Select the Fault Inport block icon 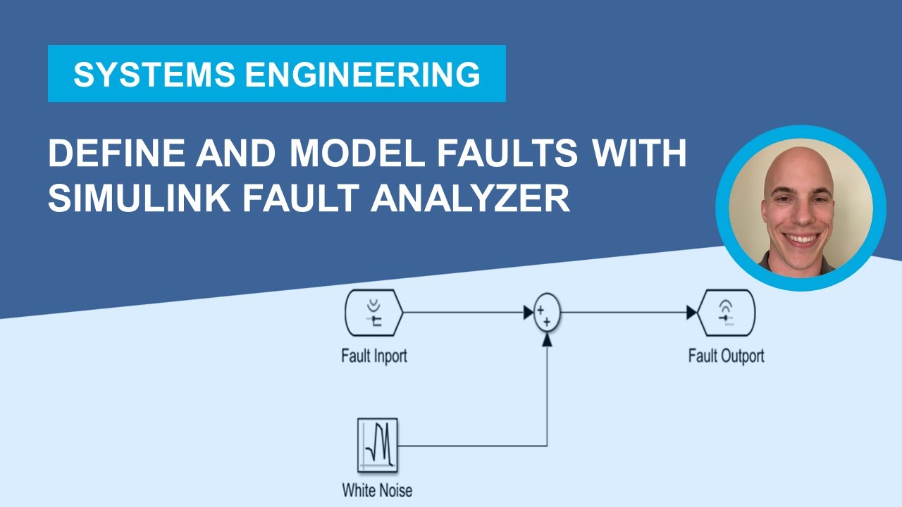[373, 313]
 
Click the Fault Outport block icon [726, 313]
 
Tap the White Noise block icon [377, 446]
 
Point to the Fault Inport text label [373, 356]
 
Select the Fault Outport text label [726, 356]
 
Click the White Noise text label [377, 490]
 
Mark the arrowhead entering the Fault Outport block [691, 313]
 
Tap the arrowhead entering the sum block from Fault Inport [528, 313]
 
